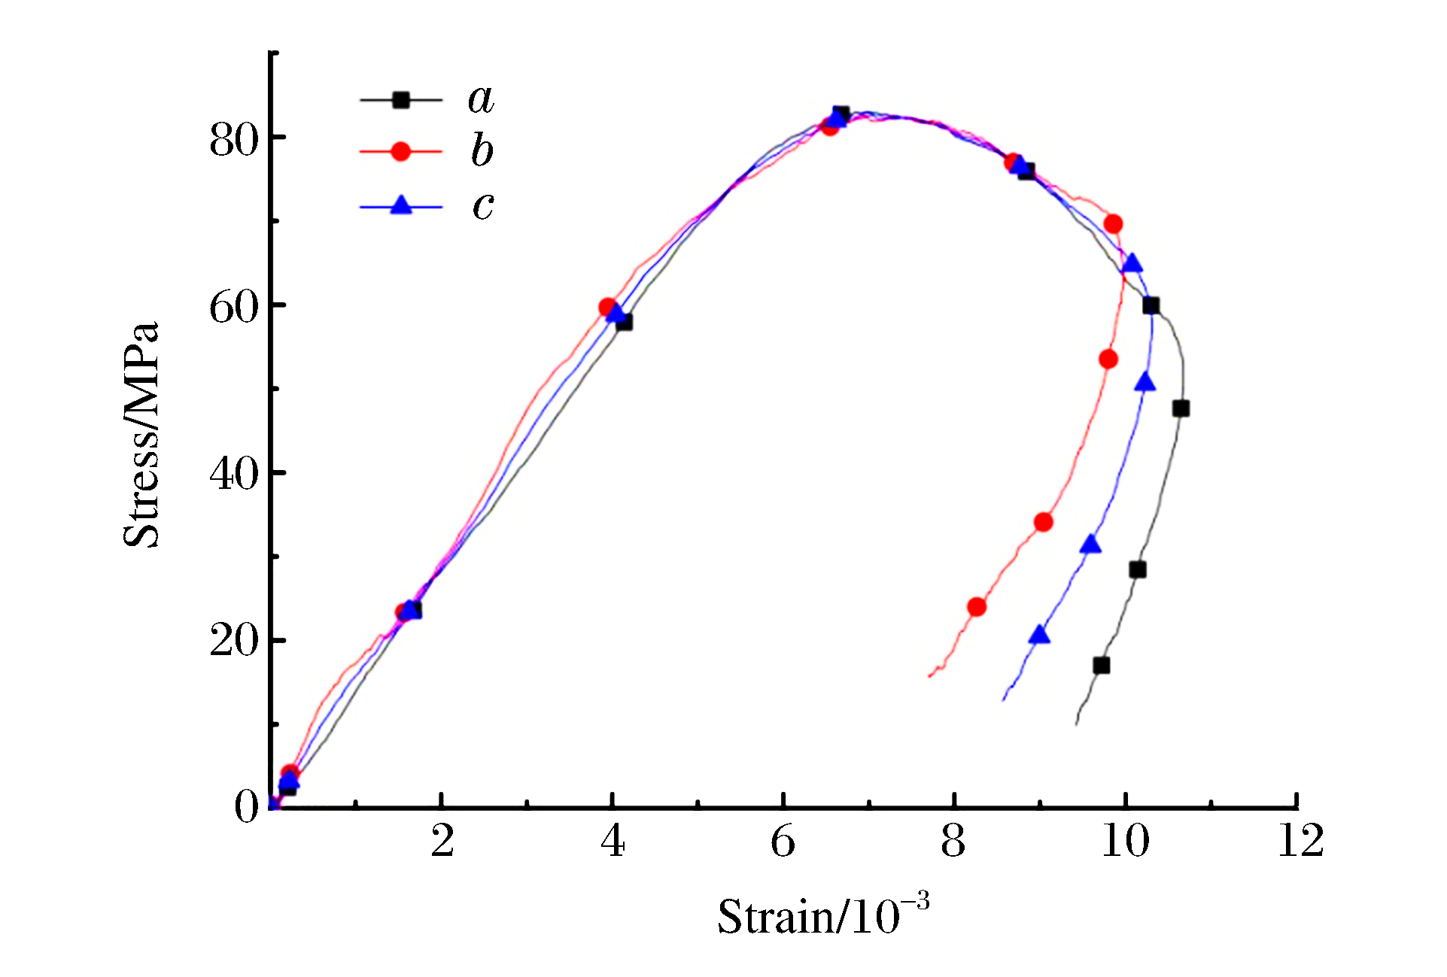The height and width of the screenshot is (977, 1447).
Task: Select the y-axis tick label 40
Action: point(233,475)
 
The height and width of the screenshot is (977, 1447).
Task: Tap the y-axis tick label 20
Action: point(233,642)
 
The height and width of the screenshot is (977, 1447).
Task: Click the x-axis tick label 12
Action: point(1300,841)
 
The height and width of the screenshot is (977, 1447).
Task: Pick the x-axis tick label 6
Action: point(783,841)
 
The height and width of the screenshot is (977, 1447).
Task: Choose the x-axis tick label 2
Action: point(442,841)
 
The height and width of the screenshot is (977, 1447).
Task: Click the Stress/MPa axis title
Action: point(141,434)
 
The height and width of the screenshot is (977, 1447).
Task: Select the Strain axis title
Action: point(823,916)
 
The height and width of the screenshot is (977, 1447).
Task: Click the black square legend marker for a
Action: point(401,99)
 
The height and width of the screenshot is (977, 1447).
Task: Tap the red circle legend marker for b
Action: point(401,152)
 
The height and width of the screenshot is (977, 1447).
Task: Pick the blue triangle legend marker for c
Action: point(401,205)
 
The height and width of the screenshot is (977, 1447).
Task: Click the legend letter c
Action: point(483,205)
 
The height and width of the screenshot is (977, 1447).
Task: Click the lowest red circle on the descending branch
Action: point(977,607)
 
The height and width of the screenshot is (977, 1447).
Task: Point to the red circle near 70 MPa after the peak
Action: point(1114,224)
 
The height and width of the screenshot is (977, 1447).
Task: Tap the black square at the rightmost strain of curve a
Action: point(1181,408)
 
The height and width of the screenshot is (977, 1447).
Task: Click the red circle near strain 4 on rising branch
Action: point(608,307)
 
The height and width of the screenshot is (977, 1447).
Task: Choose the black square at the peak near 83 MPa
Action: point(841,114)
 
